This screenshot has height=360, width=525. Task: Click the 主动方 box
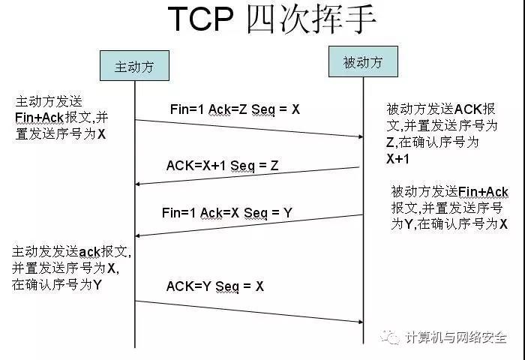(x=134, y=66)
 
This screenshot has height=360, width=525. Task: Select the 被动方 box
(x=363, y=61)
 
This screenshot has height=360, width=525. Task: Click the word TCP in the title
(x=200, y=19)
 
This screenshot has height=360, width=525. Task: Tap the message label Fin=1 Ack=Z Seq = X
(x=235, y=109)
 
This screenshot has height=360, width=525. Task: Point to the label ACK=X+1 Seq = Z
(x=222, y=166)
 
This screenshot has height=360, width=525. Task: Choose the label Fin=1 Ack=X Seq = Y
(x=227, y=213)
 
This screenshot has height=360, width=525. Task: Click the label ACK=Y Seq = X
(x=215, y=286)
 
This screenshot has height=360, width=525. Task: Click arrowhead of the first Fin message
(x=361, y=136)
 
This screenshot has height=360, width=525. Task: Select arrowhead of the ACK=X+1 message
(x=137, y=184)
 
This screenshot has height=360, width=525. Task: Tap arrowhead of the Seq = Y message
(x=137, y=235)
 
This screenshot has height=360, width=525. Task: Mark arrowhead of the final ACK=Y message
(x=361, y=322)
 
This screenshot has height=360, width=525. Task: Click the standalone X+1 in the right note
(x=397, y=159)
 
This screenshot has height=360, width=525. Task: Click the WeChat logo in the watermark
(x=390, y=337)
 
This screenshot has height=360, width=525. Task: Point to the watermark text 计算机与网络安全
(x=456, y=337)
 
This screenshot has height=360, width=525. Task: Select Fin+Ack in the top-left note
(x=40, y=118)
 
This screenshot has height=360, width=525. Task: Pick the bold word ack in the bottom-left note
(x=90, y=252)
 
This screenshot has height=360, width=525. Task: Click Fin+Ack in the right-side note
(x=483, y=192)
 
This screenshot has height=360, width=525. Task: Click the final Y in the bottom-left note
(x=97, y=285)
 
